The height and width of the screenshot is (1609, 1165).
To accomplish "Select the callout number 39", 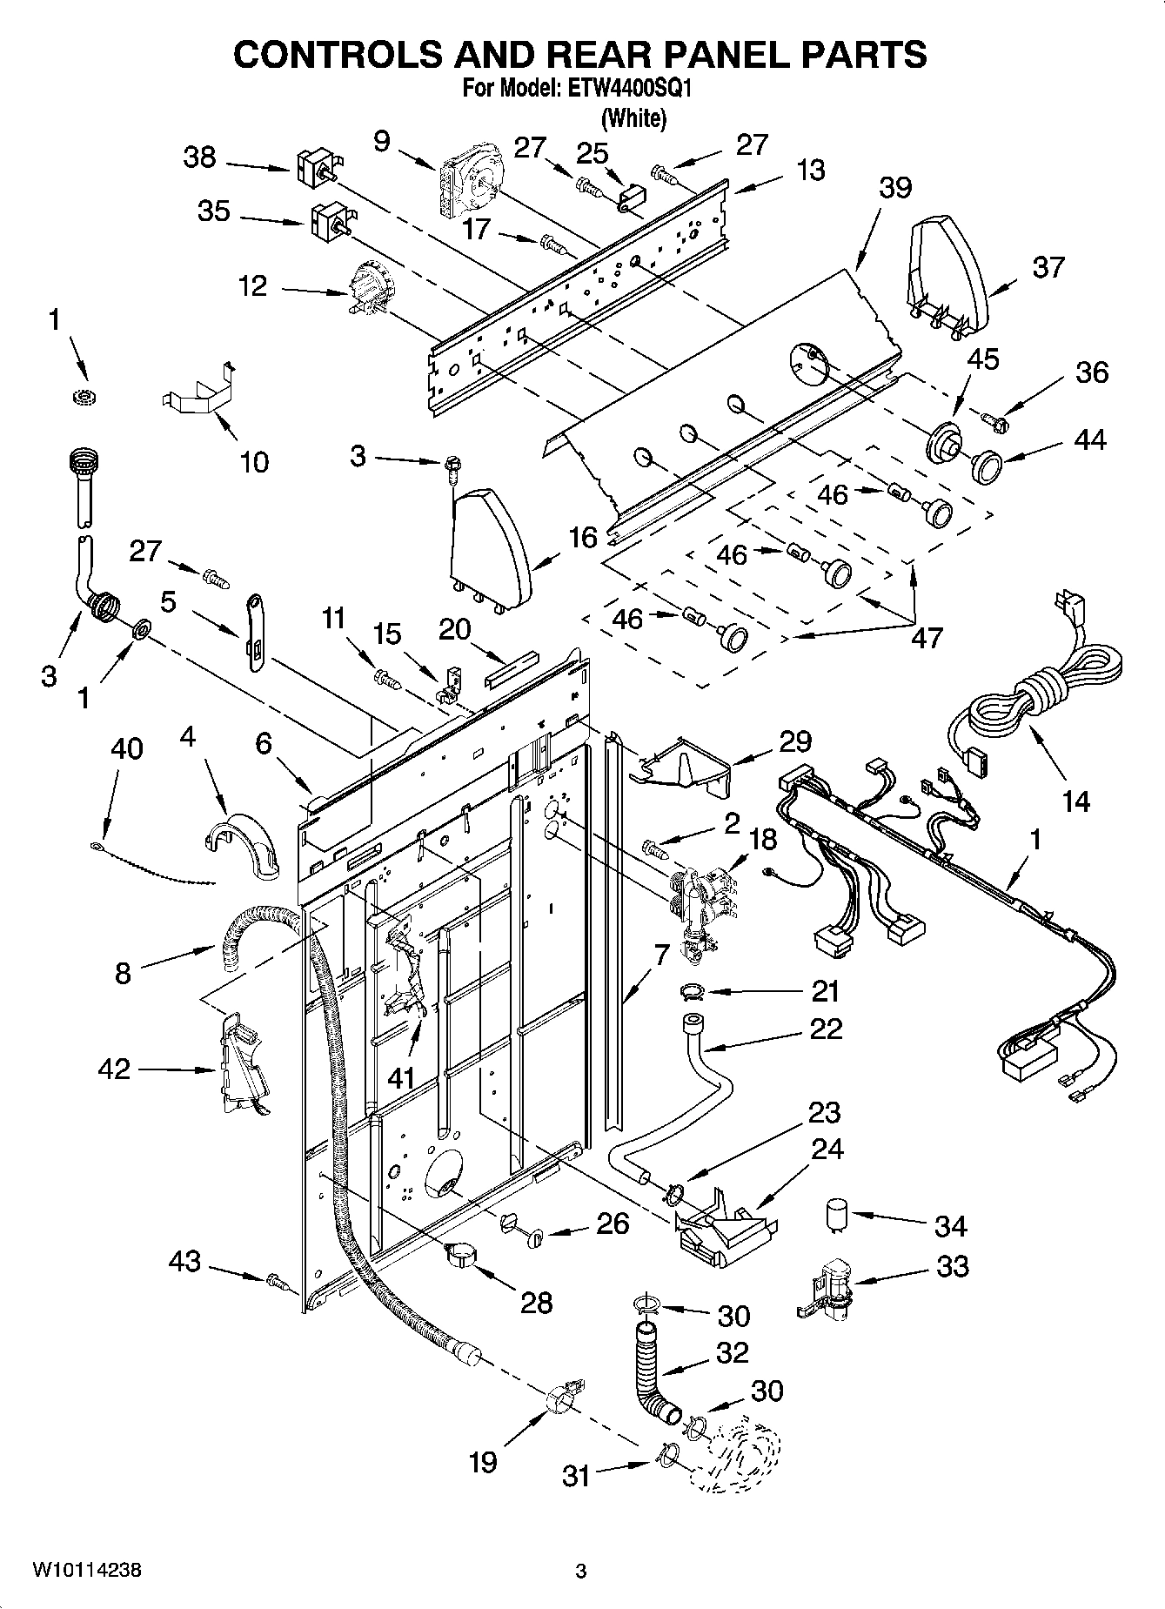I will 895,188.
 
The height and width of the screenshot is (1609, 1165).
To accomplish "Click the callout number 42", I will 114,1069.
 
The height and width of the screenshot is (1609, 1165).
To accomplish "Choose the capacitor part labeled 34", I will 838,1215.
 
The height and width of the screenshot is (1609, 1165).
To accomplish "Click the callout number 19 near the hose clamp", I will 483,1461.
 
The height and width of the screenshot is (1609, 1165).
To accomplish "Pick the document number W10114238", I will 86,1571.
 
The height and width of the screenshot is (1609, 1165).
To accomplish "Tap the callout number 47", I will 927,637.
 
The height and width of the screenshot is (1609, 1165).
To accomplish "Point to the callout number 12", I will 252,285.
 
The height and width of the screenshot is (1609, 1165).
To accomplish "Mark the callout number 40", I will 127,748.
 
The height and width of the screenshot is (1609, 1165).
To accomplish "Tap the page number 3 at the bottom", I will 581,1572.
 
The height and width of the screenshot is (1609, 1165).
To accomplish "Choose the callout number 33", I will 952,1266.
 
